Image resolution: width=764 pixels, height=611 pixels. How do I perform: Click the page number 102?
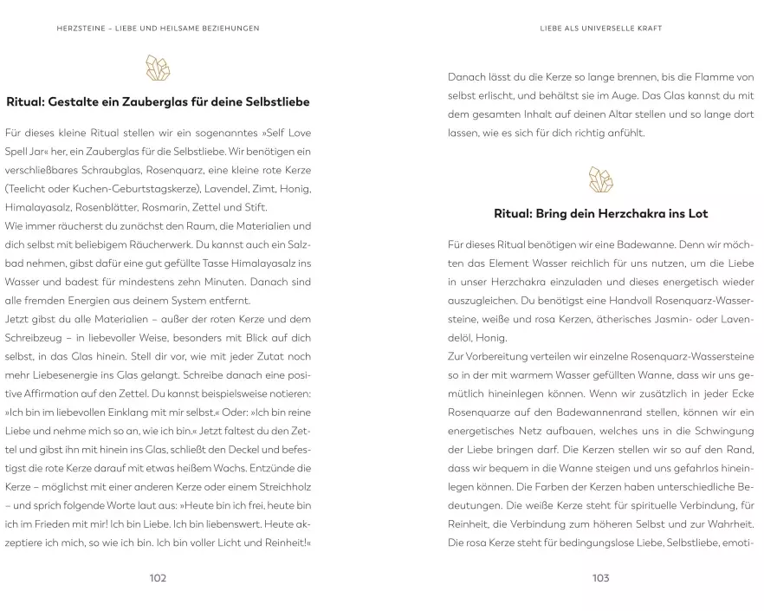[x=157, y=578]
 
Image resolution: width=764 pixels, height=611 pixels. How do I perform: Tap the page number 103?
[x=600, y=578]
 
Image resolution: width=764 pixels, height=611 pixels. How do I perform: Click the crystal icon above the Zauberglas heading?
[x=157, y=68]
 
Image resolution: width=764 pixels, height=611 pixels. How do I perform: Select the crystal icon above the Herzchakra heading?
[x=600, y=179]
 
